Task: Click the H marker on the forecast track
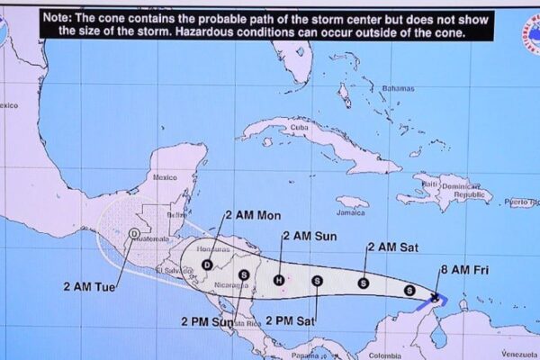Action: click(279, 279)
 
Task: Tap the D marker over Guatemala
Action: click(134, 234)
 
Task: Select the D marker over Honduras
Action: click(207, 265)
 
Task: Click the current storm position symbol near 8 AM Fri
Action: click(436, 297)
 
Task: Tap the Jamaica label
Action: click(351, 213)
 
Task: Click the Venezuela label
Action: click(517, 353)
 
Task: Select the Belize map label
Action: click(176, 216)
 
